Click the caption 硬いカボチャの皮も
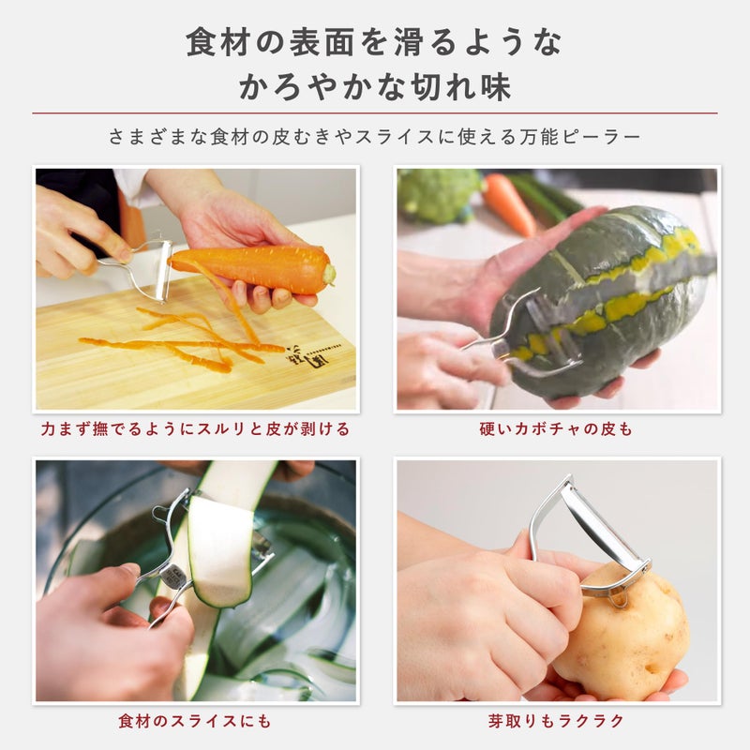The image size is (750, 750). tap(556, 429)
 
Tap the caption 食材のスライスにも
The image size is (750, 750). tap(196, 721)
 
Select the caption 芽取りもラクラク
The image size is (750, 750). tap(556, 721)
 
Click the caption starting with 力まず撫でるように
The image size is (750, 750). tap(196, 429)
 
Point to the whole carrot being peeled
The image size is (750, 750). tap(253, 267)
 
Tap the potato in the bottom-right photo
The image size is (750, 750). tap(619, 628)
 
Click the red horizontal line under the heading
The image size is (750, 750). tap(375, 113)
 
